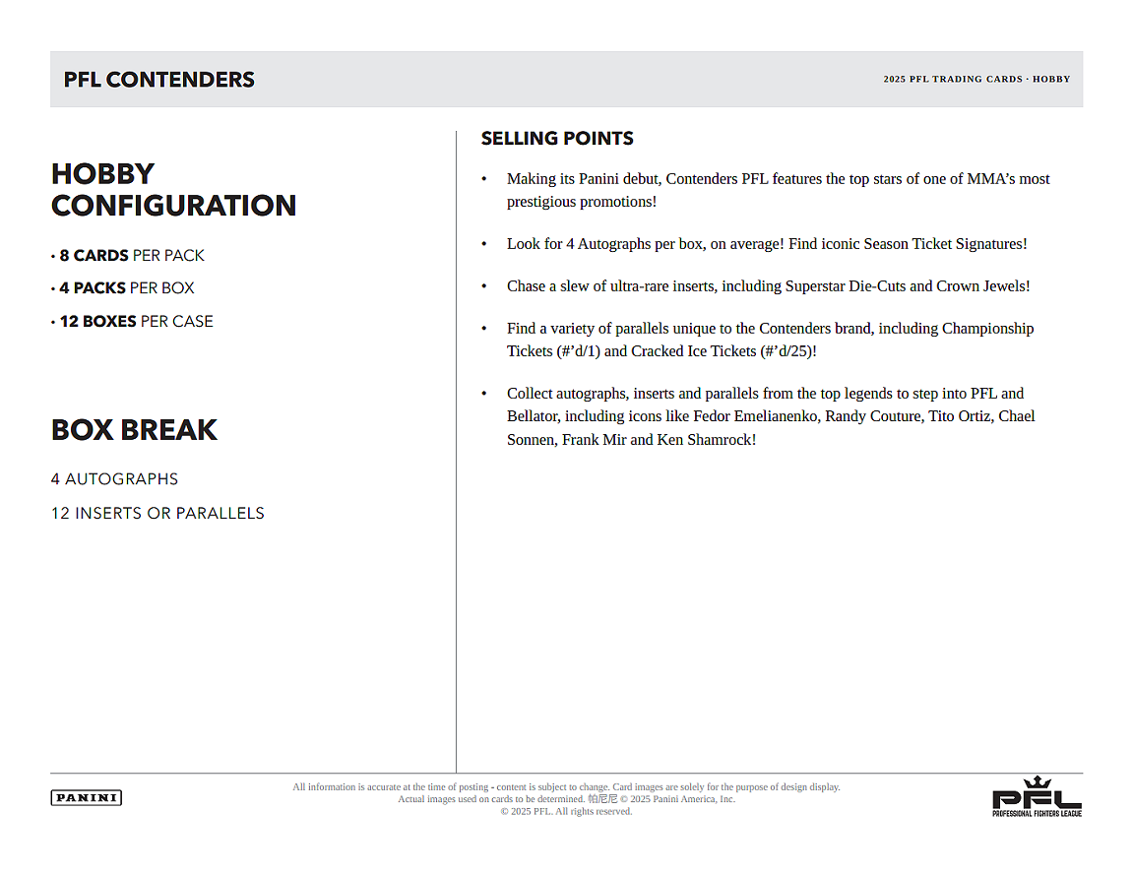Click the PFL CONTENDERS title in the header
point(159,80)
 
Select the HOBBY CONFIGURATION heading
point(173,189)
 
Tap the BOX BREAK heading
point(134,430)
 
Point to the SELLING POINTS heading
point(557,139)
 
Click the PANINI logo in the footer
point(86,797)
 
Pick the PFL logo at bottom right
point(1037,796)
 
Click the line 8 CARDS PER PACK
point(131,255)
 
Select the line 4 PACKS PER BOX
point(126,287)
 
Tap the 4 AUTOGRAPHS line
point(114,479)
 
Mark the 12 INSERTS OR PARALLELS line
point(157,513)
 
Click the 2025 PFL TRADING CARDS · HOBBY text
point(976,80)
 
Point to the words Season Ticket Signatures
point(945,244)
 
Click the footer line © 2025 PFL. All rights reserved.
point(566,811)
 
